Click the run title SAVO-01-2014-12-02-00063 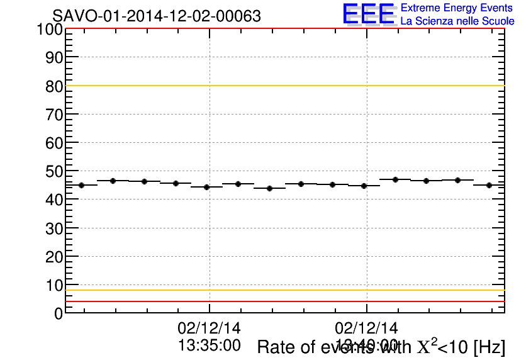click(x=157, y=16)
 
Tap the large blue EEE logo click(x=369, y=14)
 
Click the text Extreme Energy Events click(x=457, y=8)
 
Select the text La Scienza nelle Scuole click(x=457, y=21)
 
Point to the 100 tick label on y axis click(x=48, y=29)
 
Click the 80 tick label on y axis click(x=54, y=86)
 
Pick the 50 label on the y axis click(x=54, y=171)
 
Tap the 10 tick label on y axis click(x=54, y=285)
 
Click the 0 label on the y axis click(x=59, y=313)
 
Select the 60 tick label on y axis click(x=54, y=143)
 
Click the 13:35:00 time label click(x=210, y=345)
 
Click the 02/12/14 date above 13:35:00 click(x=210, y=329)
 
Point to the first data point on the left click(x=81, y=185)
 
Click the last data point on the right click(x=489, y=185)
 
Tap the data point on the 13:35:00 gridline click(x=206, y=187)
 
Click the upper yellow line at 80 click(x=283, y=86)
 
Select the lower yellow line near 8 click(x=283, y=290)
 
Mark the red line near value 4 click(x=283, y=301)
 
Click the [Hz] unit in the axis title click(x=489, y=347)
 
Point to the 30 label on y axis click(x=54, y=228)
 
